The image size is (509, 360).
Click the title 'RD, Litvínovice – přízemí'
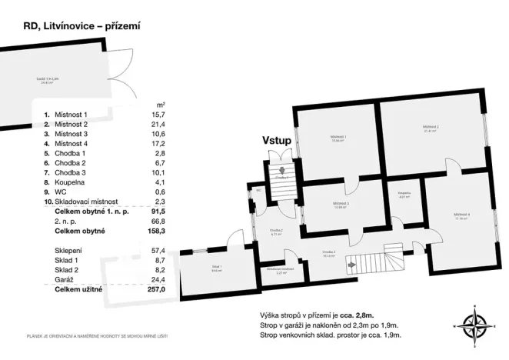(75, 25)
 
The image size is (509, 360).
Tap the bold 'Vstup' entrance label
(276, 141)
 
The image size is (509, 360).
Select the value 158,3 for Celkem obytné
(158, 230)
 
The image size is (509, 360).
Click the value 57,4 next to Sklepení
(160, 251)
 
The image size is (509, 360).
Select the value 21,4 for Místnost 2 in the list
(160, 124)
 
